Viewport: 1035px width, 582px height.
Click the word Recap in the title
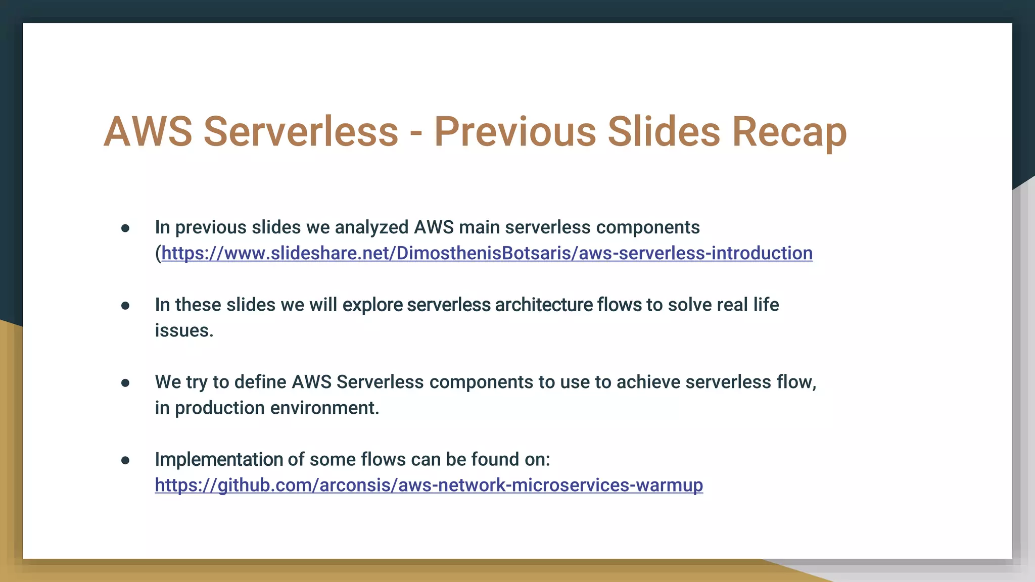tap(789, 132)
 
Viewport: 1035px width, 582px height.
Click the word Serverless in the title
tap(301, 132)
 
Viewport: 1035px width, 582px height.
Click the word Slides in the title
tap(663, 132)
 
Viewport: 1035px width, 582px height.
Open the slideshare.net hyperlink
tap(487, 253)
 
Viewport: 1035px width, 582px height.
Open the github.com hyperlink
tap(429, 485)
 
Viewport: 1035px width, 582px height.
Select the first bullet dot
tap(125, 228)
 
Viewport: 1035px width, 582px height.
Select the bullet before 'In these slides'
tap(125, 306)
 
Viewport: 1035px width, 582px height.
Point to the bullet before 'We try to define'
tap(125, 383)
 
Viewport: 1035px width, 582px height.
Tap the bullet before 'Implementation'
tap(125, 460)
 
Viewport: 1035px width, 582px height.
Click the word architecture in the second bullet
tap(544, 305)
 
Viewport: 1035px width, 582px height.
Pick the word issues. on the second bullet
tap(184, 330)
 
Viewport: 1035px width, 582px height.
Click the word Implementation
tap(218, 459)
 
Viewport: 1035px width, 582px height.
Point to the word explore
tap(372, 305)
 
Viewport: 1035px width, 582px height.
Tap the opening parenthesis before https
tap(158, 253)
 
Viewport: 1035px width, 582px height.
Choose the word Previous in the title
tap(515, 132)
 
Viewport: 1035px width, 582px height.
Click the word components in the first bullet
tap(648, 227)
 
